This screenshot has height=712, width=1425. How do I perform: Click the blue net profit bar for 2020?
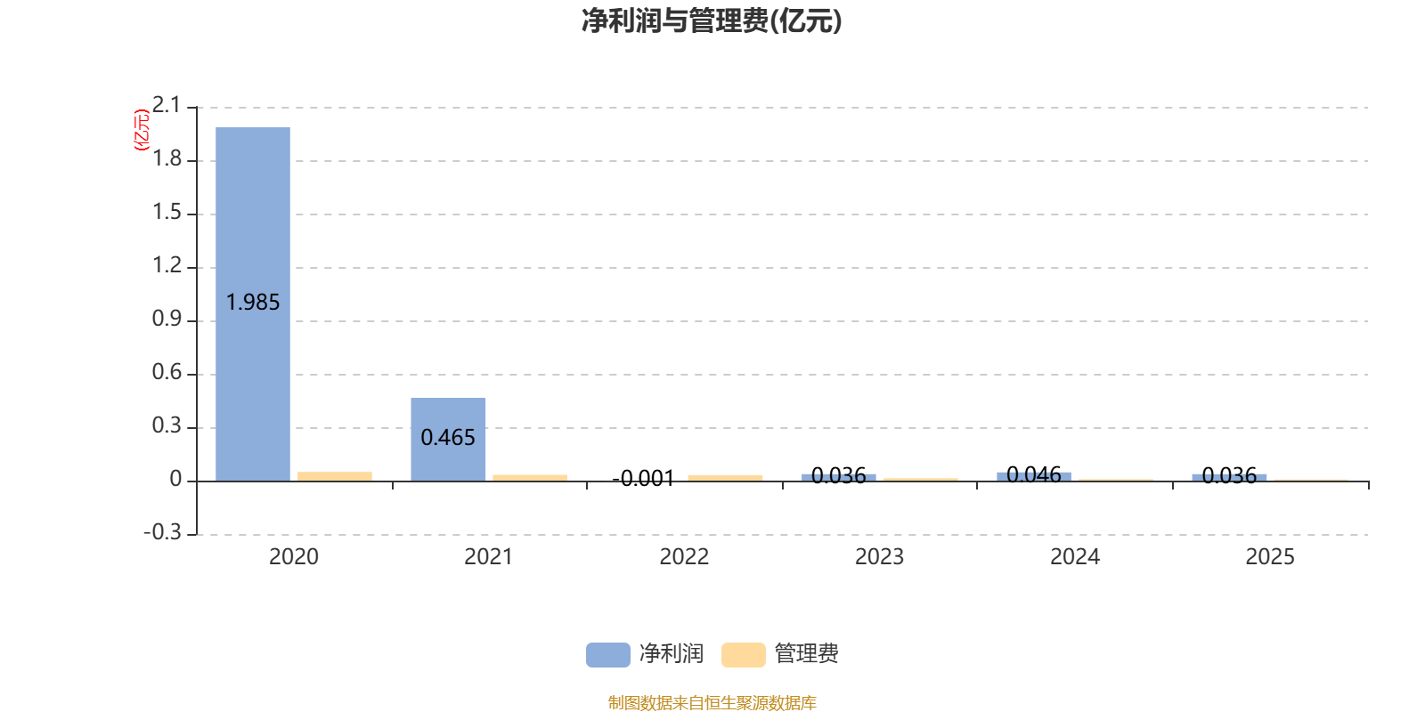(x=253, y=304)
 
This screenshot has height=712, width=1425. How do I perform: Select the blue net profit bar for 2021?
(x=448, y=440)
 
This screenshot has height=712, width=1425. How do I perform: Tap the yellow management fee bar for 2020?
(x=335, y=477)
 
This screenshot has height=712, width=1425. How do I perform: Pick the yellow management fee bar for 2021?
(x=530, y=478)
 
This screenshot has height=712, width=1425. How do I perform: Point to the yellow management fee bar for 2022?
(x=725, y=478)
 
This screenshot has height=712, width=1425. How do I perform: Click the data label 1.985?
(x=253, y=302)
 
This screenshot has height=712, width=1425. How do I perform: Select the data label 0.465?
(x=448, y=437)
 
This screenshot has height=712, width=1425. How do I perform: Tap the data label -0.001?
(x=643, y=478)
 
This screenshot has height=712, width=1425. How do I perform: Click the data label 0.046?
(x=1034, y=474)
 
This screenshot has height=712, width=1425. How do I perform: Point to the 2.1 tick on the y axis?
(x=167, y=105)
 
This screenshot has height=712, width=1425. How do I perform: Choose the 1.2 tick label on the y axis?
(x=167, y=265)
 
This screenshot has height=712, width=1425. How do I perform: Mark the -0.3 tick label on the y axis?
(x=163, y=532)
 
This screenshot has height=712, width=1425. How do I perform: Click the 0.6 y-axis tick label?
(x=167, y=372)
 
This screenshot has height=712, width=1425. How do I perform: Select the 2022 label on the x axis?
(x=684, y=557)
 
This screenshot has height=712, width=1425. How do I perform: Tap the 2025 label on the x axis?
(x=1270, y=557)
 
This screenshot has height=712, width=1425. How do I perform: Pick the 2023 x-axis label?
(x=879, y=557)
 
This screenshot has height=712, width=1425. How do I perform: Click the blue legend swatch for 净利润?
(x=608, y=655)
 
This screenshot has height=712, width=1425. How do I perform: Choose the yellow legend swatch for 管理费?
(x=743, y=655)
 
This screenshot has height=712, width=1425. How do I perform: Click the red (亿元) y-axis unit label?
(x=142, y=130)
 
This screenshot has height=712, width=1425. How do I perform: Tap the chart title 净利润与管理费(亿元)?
(x=712, y=21)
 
